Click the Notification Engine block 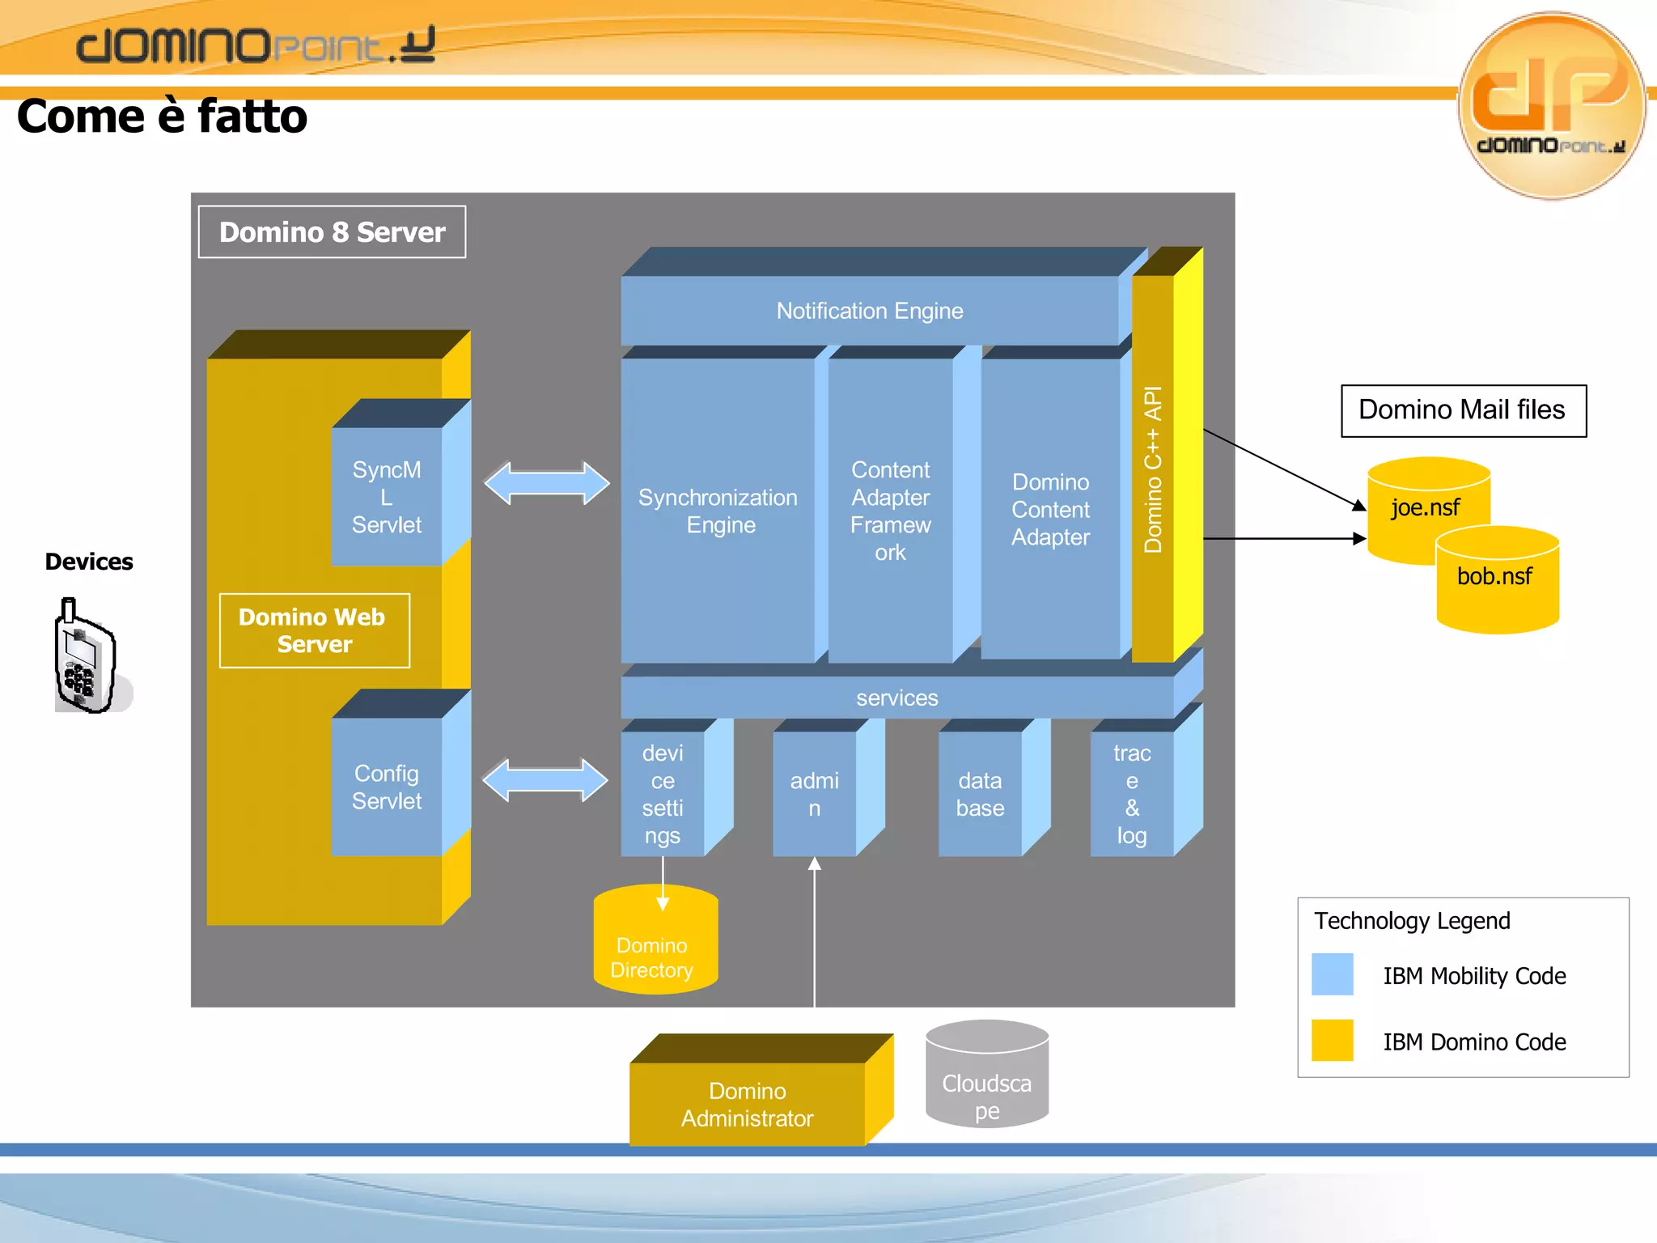tap(870, 311)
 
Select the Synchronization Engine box tap(718, 511)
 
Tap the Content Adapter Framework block tap(890, 511)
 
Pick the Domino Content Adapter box tap(1050, 510)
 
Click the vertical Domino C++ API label tap(1153, 469)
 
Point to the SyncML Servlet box tap(387, 497)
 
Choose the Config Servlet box tap(387, 787)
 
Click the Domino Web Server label tap(314, 630)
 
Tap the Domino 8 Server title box tap(332, 232)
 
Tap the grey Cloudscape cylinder tap(986, 1076)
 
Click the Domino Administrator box tap(747, 1104)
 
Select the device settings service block tap(663, 794)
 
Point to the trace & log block tap(1131, 794)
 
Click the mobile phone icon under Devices tap(86, 657)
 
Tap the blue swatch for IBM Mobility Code tap(1332, 974)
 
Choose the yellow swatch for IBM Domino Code tap(1332, 1041)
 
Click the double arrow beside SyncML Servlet tap(547, 483)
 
